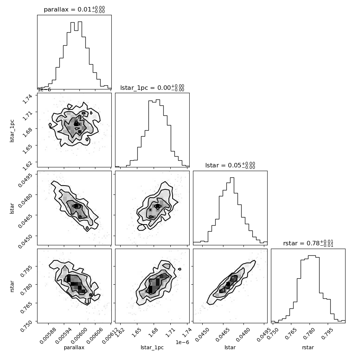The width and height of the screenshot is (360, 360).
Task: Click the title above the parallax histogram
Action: [74, 10]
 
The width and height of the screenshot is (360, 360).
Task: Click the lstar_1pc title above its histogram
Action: [152, 88]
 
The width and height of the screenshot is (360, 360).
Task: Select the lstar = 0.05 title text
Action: [230, 165]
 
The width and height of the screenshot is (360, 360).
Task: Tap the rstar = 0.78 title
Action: [308, 243]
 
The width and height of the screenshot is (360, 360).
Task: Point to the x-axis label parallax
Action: [74, 347]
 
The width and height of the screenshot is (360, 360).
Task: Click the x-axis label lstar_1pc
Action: [152, 347]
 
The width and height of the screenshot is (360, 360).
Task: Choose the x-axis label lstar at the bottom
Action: [230, 347]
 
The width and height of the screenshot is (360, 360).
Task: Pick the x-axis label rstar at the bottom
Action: [308, 347]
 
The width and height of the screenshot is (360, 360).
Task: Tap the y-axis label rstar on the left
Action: [12, 286]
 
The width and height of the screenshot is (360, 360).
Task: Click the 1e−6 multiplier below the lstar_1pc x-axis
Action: [182, 342]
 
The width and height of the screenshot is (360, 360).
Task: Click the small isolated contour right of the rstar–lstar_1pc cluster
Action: [180, 269]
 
